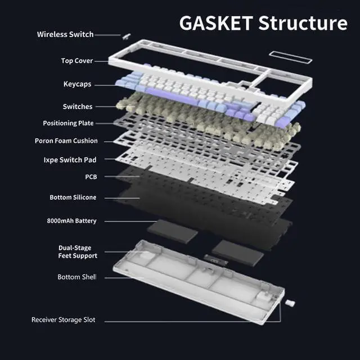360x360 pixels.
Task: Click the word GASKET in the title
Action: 215,23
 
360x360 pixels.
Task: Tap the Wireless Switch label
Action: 65,35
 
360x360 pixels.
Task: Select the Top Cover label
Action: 77,61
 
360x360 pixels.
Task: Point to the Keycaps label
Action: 77,84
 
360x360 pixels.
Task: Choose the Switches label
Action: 78,106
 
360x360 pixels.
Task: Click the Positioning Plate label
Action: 68,123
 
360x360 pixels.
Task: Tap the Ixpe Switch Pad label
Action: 70,160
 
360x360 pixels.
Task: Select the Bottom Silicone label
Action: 73,197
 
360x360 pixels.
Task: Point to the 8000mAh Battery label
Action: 71,221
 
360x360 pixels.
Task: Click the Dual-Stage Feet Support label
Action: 78,252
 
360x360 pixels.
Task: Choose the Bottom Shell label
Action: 76,277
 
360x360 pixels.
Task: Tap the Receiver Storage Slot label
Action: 63,320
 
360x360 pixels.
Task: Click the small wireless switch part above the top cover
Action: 125,35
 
